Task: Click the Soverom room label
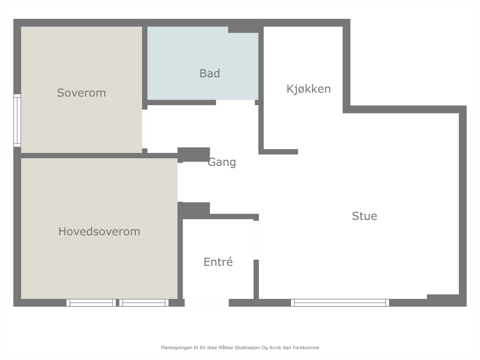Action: point(81,93)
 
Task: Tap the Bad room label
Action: point(210,73)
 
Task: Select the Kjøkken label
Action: point(308,89)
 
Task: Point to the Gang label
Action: point(222,162)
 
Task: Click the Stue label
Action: point(364,216)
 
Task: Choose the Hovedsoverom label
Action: point(99,232)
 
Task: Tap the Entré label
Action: point(218,262)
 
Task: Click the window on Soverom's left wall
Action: point(17,121)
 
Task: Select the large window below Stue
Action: point(340,303)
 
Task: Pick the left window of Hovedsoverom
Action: point(91,303)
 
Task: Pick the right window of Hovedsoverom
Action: point(144,303)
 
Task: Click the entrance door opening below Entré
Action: point(206,303)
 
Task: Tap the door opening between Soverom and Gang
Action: point(145,129)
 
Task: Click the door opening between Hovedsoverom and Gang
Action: point(180,182)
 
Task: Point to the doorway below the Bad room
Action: point(235,103)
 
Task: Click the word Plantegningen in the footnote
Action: point(176,348)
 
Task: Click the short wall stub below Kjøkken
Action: point(280,152)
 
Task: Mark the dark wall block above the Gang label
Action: point(193,154)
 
